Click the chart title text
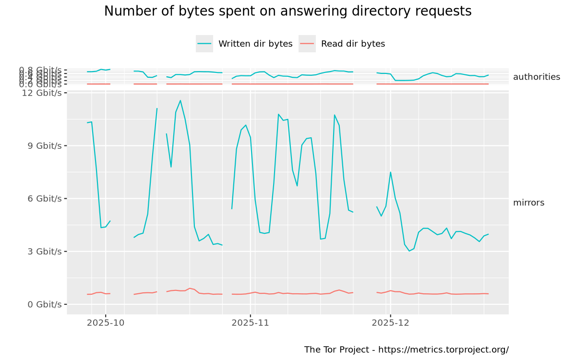coord(288,12)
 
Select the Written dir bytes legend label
coord(255,44)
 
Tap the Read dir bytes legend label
coord(353,44)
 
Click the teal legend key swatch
coord(204,44)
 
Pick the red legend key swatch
coord(307,44)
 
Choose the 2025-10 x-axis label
coord(106,323)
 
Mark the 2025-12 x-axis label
coord(391,323)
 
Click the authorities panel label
coord(536,77)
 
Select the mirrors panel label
coord(528,203)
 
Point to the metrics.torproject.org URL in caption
coord(444,349)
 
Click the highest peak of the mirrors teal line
coord(180,100)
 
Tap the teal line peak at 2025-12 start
coord(391,172)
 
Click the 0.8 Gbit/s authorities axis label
coord(41,70)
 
